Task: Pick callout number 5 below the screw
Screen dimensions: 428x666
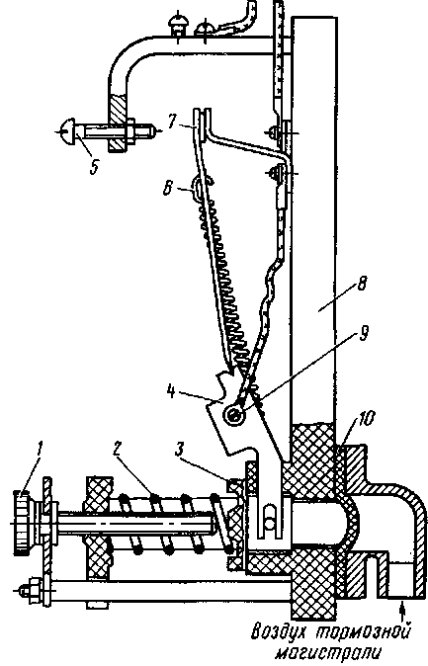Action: point(94,166)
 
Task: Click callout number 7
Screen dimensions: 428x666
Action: point(171,122)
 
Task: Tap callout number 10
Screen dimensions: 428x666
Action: point(366,419)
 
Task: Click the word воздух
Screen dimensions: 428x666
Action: point(280,631)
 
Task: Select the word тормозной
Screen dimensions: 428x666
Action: point(365,631)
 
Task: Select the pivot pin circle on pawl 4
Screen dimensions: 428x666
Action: point(234,414)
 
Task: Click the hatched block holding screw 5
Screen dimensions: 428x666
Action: point(119,123)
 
